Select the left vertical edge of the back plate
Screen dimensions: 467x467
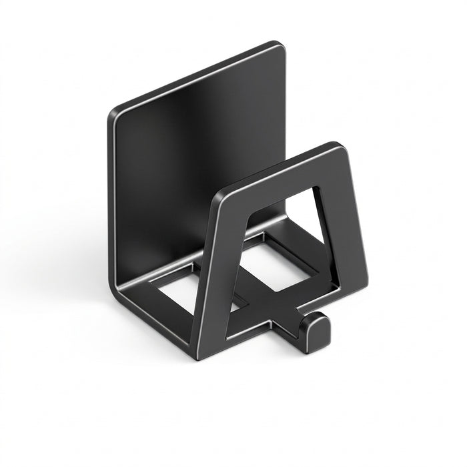(x=111, y=200)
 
